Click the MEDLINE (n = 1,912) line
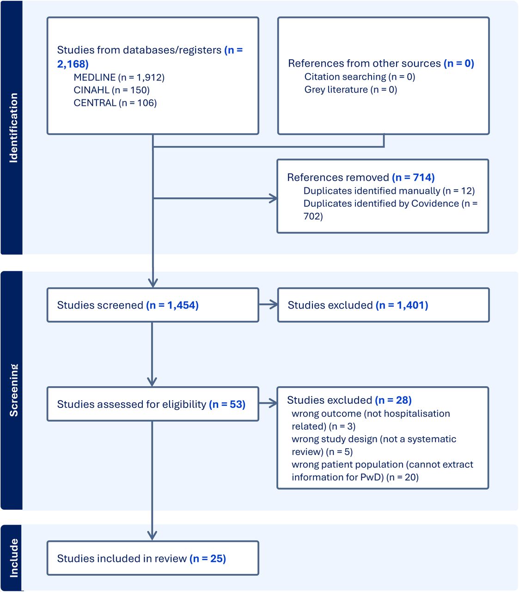pos(119,77)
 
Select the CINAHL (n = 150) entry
pos(111,90)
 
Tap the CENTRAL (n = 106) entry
pos(115,103)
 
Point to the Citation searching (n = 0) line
pos(360,77)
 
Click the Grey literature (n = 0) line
pos(350,89)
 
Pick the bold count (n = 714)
pos(413,177)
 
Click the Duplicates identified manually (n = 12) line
pos(389,191)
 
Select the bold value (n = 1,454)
pos(172,305)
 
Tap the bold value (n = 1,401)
pos(402,305)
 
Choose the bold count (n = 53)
pos(227,404)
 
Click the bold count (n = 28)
pos(393,400)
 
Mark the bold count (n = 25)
pos(208,558)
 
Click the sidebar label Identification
pos(13,128)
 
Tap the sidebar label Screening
pos(13,390)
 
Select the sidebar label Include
pos(13,558)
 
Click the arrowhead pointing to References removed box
pos(274,198)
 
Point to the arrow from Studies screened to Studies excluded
pos(268,304)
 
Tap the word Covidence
pos(435,203)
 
